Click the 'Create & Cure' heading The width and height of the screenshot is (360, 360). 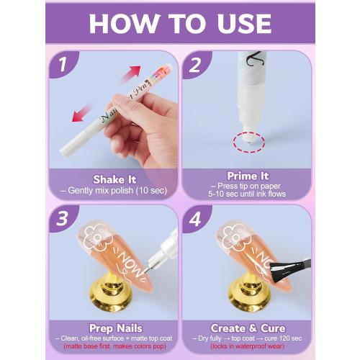(246, 328)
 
